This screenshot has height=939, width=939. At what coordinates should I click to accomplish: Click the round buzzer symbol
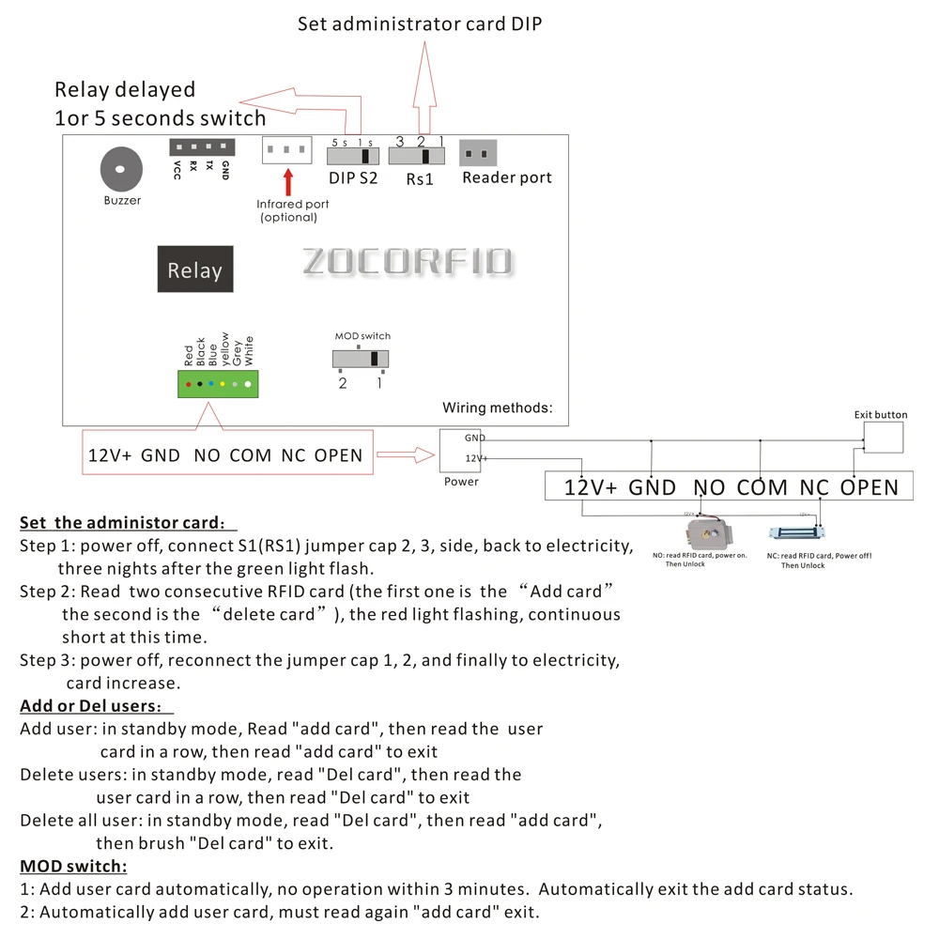click(x=120, y=170)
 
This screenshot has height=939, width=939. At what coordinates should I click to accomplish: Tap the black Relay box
click(x=194, y=269)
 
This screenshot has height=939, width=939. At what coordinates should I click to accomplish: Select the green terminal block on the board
click(x=218, y=383)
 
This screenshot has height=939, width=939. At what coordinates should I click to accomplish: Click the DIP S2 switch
click(x=351, y=155)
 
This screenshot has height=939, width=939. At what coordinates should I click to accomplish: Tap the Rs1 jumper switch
click(x=416, y=155)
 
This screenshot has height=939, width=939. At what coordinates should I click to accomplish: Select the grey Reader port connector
click(x=477, y=153)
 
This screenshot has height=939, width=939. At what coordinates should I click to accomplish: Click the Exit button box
click(x=883, y=438)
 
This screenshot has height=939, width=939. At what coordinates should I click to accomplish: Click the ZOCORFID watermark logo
click(x=408, y=262)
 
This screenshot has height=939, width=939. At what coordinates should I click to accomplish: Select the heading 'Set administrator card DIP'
click(x=420, y=24)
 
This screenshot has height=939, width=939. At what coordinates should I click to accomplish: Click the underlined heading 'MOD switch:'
click(x=73, y=866)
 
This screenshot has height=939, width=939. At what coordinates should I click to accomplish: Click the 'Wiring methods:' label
click(x=498, y=408)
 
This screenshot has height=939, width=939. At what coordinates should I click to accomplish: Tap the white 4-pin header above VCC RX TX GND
click(x=200, y=147)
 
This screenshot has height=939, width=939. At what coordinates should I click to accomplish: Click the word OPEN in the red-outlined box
click(x=338, y=455)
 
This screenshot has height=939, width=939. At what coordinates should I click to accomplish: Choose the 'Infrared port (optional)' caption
click(x=293, y=210)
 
